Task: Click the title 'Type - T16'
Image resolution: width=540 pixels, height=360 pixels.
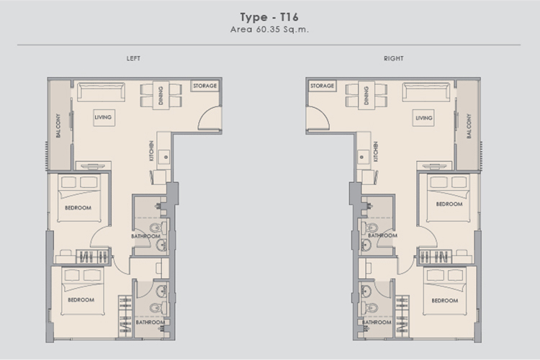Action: (x=269, y=17)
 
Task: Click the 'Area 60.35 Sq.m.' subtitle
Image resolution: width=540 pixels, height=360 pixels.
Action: (x=269, y=30)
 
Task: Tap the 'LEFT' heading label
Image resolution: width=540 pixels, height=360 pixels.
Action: (x=133, y=58)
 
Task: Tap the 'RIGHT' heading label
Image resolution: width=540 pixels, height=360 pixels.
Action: (x=394, y=58)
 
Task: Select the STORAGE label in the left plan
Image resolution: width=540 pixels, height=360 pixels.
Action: (x=205, y=86)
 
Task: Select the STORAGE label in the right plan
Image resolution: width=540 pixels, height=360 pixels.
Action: (x=322, y=86)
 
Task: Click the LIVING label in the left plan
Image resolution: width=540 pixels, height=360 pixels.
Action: (x=103, y=117)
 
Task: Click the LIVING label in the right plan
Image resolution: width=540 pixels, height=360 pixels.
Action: (x=424, y=118)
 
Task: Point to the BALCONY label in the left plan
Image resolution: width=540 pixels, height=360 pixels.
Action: (x=58, y=126)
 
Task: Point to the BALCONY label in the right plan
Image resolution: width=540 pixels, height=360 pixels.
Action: (x=469, y=127)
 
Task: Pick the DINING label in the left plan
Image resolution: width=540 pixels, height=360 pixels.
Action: (x=161, y=96)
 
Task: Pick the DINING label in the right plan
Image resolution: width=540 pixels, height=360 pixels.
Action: (x=366, y=96)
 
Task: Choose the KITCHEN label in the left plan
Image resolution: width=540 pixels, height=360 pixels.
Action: (x=151, y=151)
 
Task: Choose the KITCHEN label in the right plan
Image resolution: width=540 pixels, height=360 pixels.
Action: (x=376, y=152)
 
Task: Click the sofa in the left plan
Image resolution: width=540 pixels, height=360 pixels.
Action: (x=101, y=91)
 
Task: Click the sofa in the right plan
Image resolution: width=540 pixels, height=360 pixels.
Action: (x=426, y=91)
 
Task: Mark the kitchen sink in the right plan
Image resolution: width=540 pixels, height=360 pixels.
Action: (x=361, y=157)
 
